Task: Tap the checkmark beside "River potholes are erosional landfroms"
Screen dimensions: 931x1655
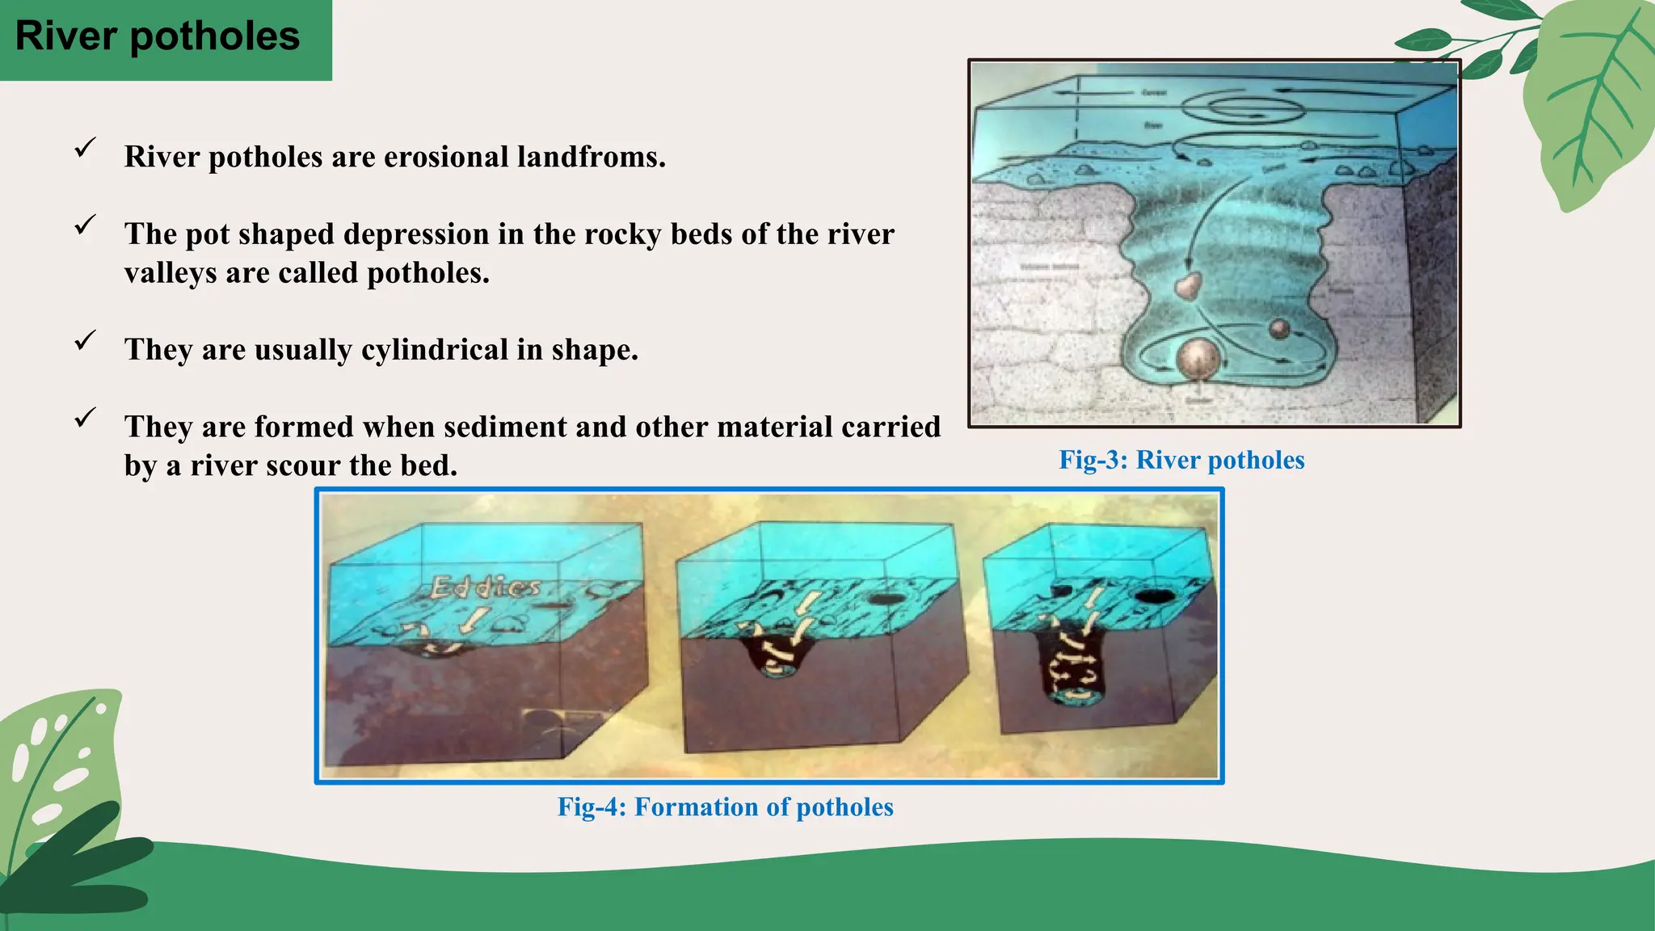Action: click(x=85, y=148)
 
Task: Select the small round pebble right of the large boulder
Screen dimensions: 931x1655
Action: click(x=1279, y=328)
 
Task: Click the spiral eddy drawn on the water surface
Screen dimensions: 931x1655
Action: click(x=1233, y=105)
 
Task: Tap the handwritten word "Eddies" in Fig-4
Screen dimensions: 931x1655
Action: click(x=485, y=587)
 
